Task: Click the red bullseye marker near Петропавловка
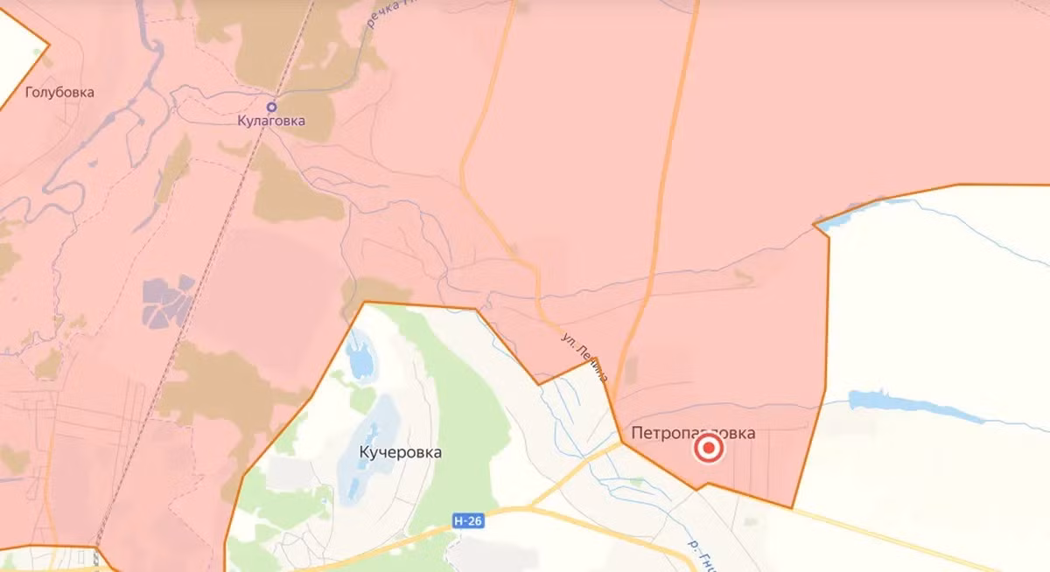(709, 450)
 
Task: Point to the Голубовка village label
(59, 92)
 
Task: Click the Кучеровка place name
(400, 453)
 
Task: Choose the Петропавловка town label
(692, 432)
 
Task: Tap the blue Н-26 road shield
(469, 521)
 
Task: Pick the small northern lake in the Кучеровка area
(359, 359)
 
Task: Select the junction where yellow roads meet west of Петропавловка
(620, 443)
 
